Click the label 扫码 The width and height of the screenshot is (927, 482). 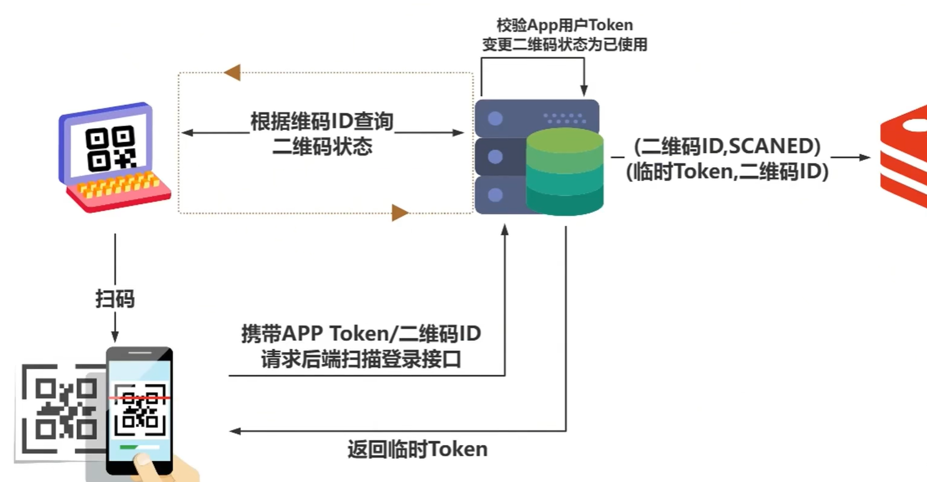click(115, 299)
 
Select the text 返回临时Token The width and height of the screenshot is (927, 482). click(417, 449)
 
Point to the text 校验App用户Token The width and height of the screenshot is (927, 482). click(564, 25)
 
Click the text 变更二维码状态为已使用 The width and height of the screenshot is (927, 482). click(564, 44)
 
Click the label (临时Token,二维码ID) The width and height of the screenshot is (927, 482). click(727, 171)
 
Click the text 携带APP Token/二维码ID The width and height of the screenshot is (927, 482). click(361, 334)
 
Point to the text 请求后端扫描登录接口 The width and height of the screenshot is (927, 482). click(361, 360)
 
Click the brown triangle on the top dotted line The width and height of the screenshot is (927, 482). click(232, 72)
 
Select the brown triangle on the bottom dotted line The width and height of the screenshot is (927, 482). click(400, 214)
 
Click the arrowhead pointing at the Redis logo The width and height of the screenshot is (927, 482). click(865, 157)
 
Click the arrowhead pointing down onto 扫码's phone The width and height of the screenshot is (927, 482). click(115, 335)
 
